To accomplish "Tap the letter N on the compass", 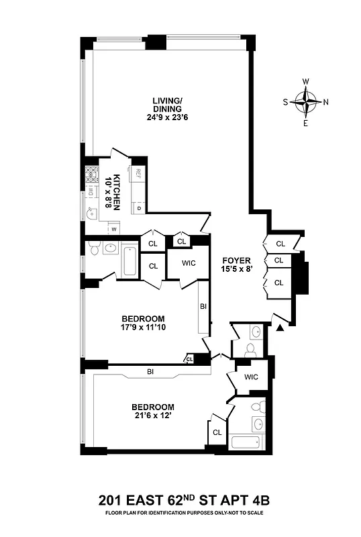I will click(x=326, y=103).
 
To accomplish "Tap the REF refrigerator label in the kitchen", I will click(x=138, y=173).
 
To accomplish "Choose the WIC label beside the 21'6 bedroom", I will click(x=251, y=377).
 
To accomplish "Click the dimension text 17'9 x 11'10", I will click(x=143, y=329).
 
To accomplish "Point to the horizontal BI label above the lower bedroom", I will click(x=152, y=371).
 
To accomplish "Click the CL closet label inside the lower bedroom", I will click(x=217, y=433).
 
